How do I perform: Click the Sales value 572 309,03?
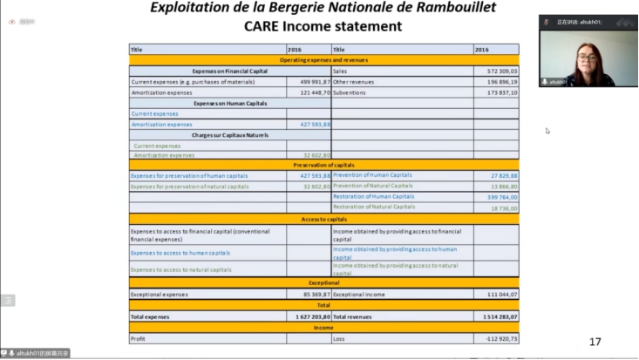(500, 71)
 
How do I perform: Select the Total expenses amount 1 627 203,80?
(310, 316)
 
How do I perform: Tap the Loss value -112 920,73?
(500, 338)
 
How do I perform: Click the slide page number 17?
(595, 342)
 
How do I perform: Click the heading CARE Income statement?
(323, 26)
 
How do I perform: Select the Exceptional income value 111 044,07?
(500, 295)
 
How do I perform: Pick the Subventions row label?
(350, 92)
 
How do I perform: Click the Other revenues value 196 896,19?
(500, 81)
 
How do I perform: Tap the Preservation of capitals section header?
(323, 164)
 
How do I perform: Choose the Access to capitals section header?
(323, 219)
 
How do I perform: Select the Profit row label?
(137, 338)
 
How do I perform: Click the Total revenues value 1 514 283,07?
(498, 316)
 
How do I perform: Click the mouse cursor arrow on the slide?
(547, 131)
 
